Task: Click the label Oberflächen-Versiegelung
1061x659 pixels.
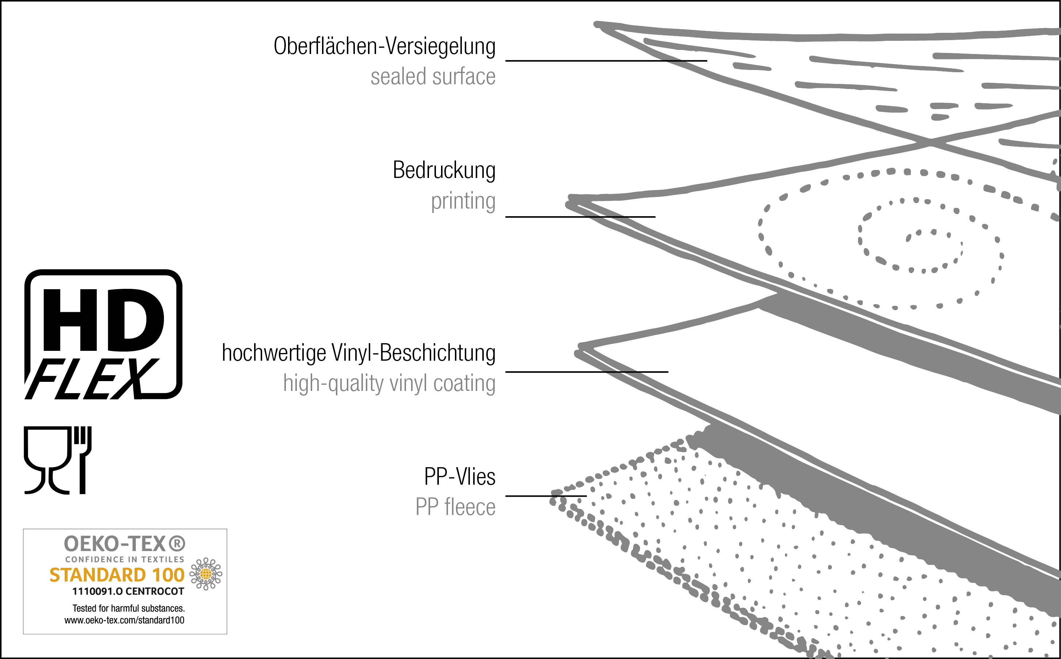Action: tap(384, 46)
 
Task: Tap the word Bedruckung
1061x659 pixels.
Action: tap(444, 170)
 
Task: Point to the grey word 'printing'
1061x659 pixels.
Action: tap(463, 201)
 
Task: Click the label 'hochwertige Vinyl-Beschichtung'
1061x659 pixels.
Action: tap(358, 353)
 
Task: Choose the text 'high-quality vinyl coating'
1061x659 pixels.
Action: tap(389, 384)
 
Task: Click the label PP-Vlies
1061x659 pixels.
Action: tap(459, 476)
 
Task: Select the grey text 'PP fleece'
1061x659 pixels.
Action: tap(455, 507)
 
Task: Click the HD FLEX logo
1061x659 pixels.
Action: tap(103, 334)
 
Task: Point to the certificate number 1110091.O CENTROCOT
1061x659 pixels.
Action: tap(128, 592)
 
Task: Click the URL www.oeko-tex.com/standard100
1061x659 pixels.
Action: tap(125, 620)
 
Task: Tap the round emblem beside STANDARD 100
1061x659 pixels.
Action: tap(206, 574)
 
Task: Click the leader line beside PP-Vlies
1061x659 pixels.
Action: tap(545, 496)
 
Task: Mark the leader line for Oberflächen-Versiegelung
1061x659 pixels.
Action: tap(606, 61)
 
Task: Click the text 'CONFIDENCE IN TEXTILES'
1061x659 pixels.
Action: tap(125, 559)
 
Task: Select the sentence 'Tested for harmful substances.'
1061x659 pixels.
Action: tap(128, 608)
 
